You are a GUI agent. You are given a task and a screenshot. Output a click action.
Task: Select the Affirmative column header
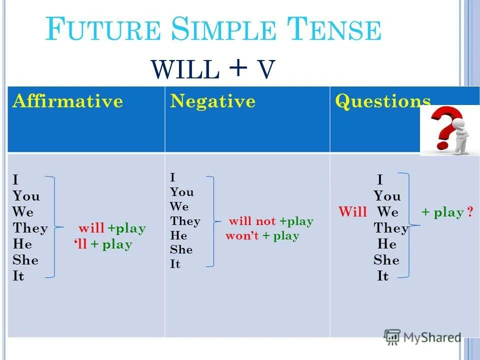(68, 101)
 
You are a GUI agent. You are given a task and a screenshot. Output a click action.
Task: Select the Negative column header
(212, 101)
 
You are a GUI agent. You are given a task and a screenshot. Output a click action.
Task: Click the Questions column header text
(382, 101)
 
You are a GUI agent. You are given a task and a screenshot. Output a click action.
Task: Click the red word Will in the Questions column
(352, 212)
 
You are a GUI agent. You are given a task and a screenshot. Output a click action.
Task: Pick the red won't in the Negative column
(242, 236)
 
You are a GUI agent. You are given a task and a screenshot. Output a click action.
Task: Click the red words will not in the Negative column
(252, 221)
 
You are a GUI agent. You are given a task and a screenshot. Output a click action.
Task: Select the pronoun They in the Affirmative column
(30, 228)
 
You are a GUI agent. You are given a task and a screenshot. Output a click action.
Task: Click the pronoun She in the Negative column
(181, 250)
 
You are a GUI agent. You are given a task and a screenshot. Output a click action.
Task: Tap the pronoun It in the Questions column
(382, 276)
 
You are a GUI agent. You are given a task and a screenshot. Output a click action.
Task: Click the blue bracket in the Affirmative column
(54, 226)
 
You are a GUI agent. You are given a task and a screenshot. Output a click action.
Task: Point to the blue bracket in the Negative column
(213, 221)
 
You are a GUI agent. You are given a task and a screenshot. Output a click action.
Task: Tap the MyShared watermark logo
(422, 336)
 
